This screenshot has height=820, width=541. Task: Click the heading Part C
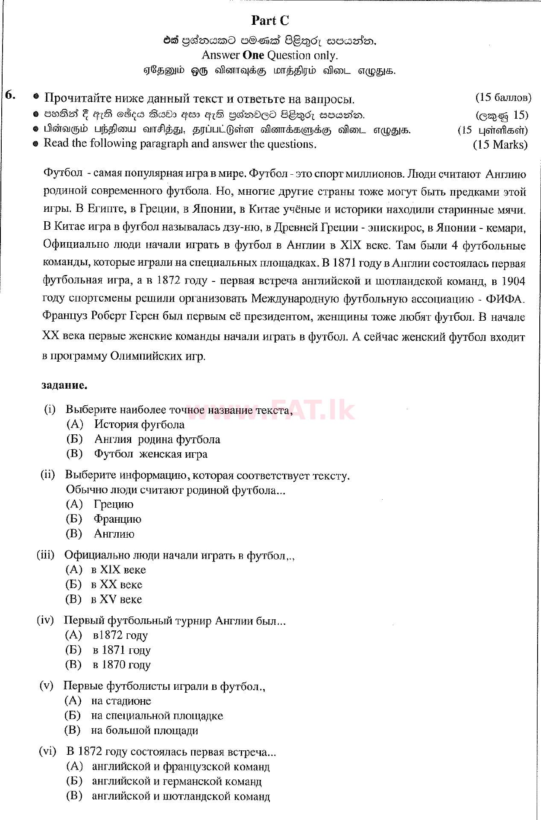pos(270,20)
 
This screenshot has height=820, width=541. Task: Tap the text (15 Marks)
pos(500,144)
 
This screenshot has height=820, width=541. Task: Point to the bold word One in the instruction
pos(253,55)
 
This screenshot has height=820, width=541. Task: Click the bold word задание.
pos(64,385)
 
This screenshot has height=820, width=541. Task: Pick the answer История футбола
pos(139,424)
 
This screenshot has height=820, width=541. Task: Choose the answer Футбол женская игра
pos(151,454)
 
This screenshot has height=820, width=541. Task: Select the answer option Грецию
pos(114,504)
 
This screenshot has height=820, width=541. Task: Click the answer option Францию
pos(117,519)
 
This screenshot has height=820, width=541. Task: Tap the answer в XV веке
pos(116,599)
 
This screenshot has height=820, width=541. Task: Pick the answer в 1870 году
pos(121,665)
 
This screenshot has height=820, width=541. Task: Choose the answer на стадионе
pos(121,701)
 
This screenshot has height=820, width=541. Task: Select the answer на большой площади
pos(144,730)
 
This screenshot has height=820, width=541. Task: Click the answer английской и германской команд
pos(176,782)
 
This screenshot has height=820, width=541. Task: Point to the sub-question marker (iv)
pos(45,620)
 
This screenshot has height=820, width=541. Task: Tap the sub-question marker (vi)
pos(47,752)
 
